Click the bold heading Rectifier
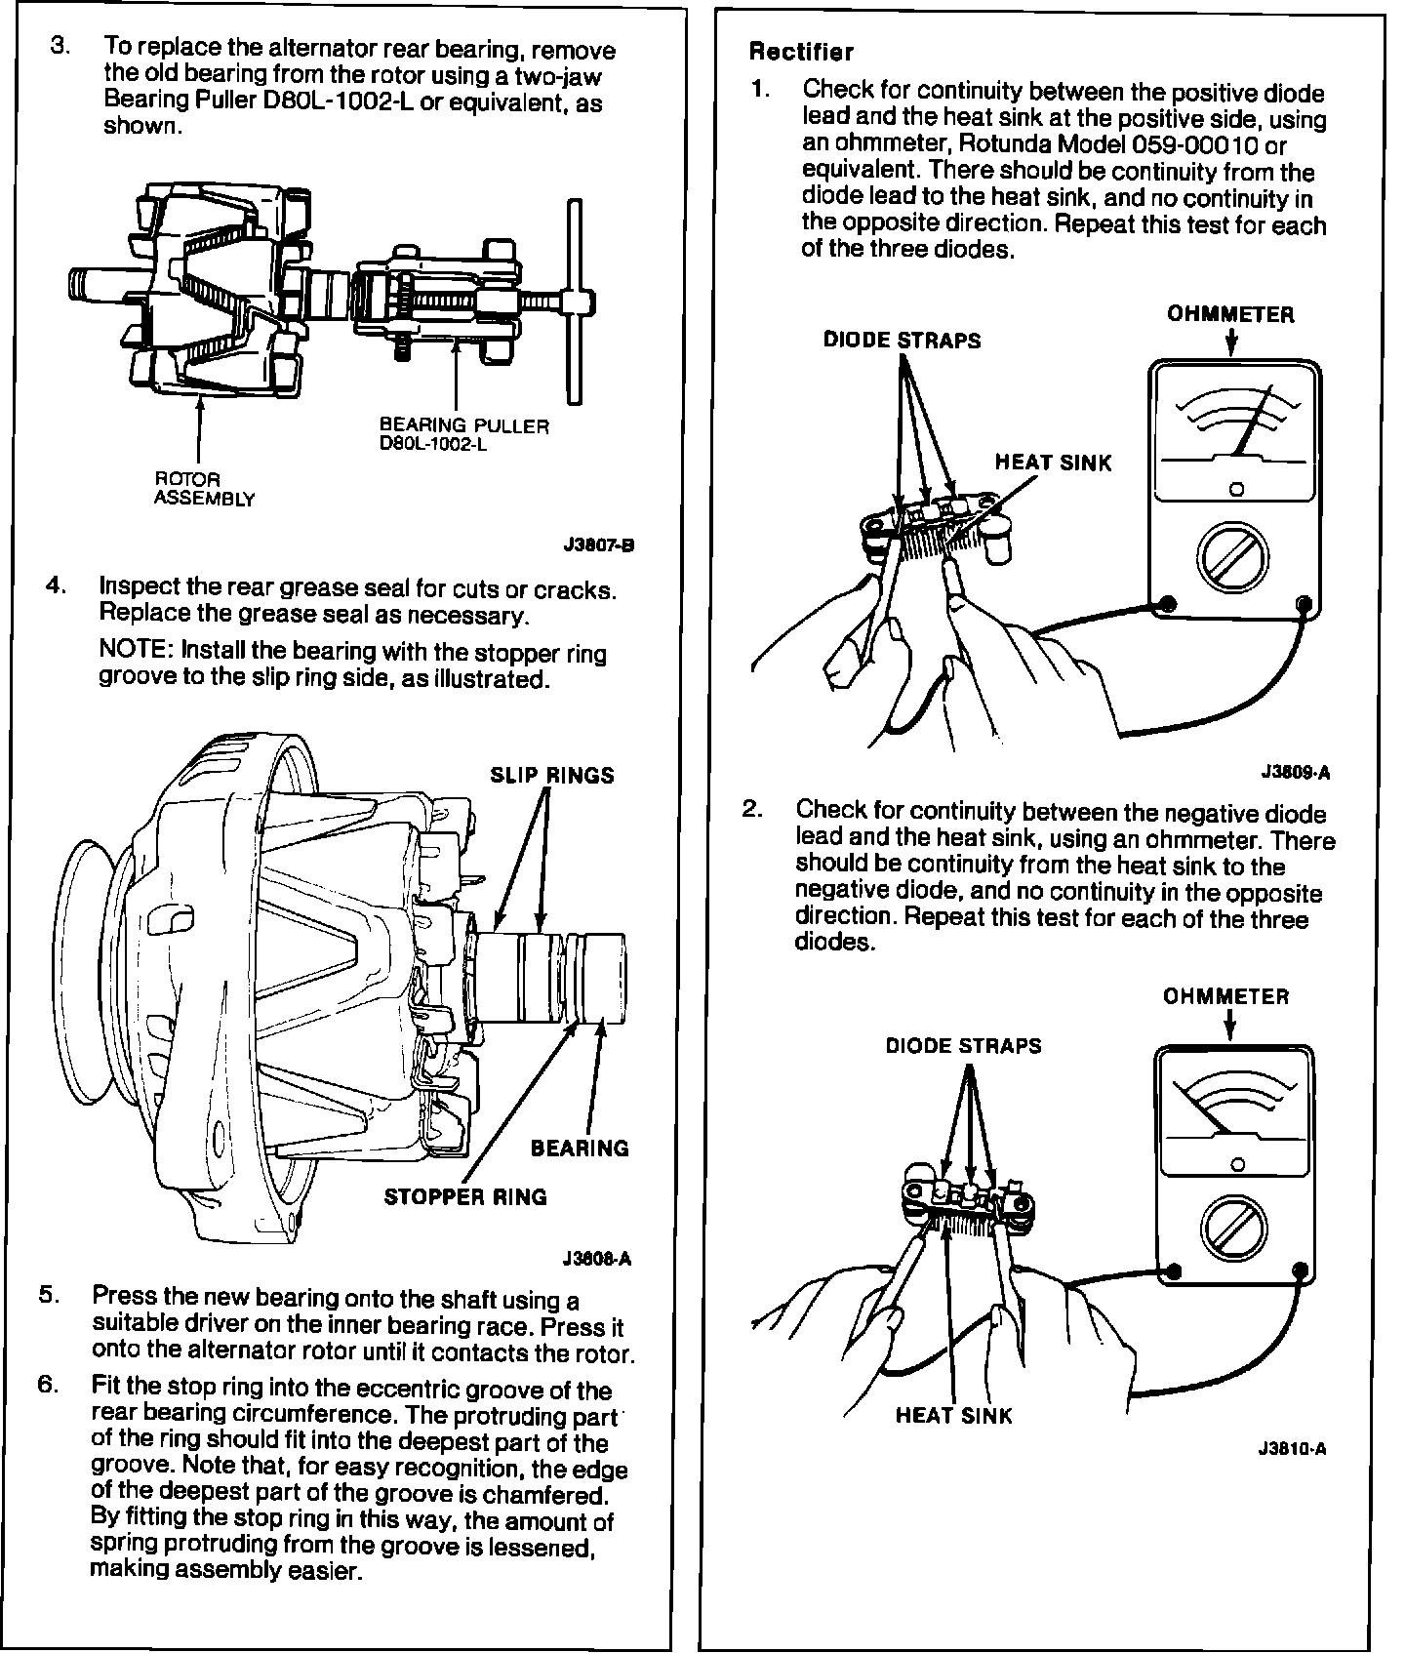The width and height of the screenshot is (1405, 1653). (x=800, y=52)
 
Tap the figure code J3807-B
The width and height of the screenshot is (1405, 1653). (x=599, y=545)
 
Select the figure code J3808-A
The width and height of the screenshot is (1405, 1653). (x=597, y=1258)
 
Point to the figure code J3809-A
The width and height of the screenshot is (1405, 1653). (x=1296, y=772)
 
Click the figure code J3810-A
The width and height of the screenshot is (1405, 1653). (x=1292, y=1448)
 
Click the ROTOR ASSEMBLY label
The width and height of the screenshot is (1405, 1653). (x=204, y=489)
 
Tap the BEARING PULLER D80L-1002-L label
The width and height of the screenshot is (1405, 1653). (x=463, y=434)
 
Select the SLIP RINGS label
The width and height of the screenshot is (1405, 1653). (x=551, y=775)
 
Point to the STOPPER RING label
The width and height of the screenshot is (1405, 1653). (x=465, y=1196)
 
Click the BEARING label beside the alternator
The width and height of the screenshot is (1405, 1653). (x=580, y=1148)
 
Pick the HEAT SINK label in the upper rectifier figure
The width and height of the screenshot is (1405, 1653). (x=1053, y=463)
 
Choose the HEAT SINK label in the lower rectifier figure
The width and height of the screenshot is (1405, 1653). (x=954, y=1415)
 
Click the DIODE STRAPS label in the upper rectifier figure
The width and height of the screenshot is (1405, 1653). (x=902, y=340)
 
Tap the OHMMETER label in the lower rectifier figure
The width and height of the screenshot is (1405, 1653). (x=1225, y=996)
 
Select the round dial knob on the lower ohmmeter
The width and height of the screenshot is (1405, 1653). (x=1234, y=1230)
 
